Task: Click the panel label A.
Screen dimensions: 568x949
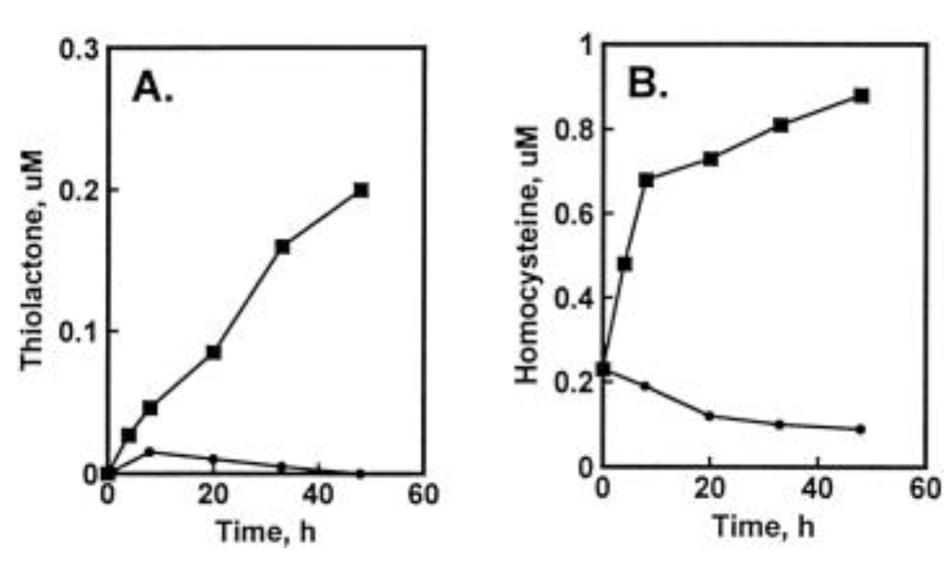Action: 154,88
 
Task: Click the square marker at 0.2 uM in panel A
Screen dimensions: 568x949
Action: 361,190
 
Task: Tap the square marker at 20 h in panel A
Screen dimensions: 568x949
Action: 213,352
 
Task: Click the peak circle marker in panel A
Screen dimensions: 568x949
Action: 150,451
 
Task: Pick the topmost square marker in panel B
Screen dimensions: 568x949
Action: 861,96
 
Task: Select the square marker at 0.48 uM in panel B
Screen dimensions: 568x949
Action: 625,263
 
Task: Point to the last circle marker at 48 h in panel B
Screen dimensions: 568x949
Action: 860,429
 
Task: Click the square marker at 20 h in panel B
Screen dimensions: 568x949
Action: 710,158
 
